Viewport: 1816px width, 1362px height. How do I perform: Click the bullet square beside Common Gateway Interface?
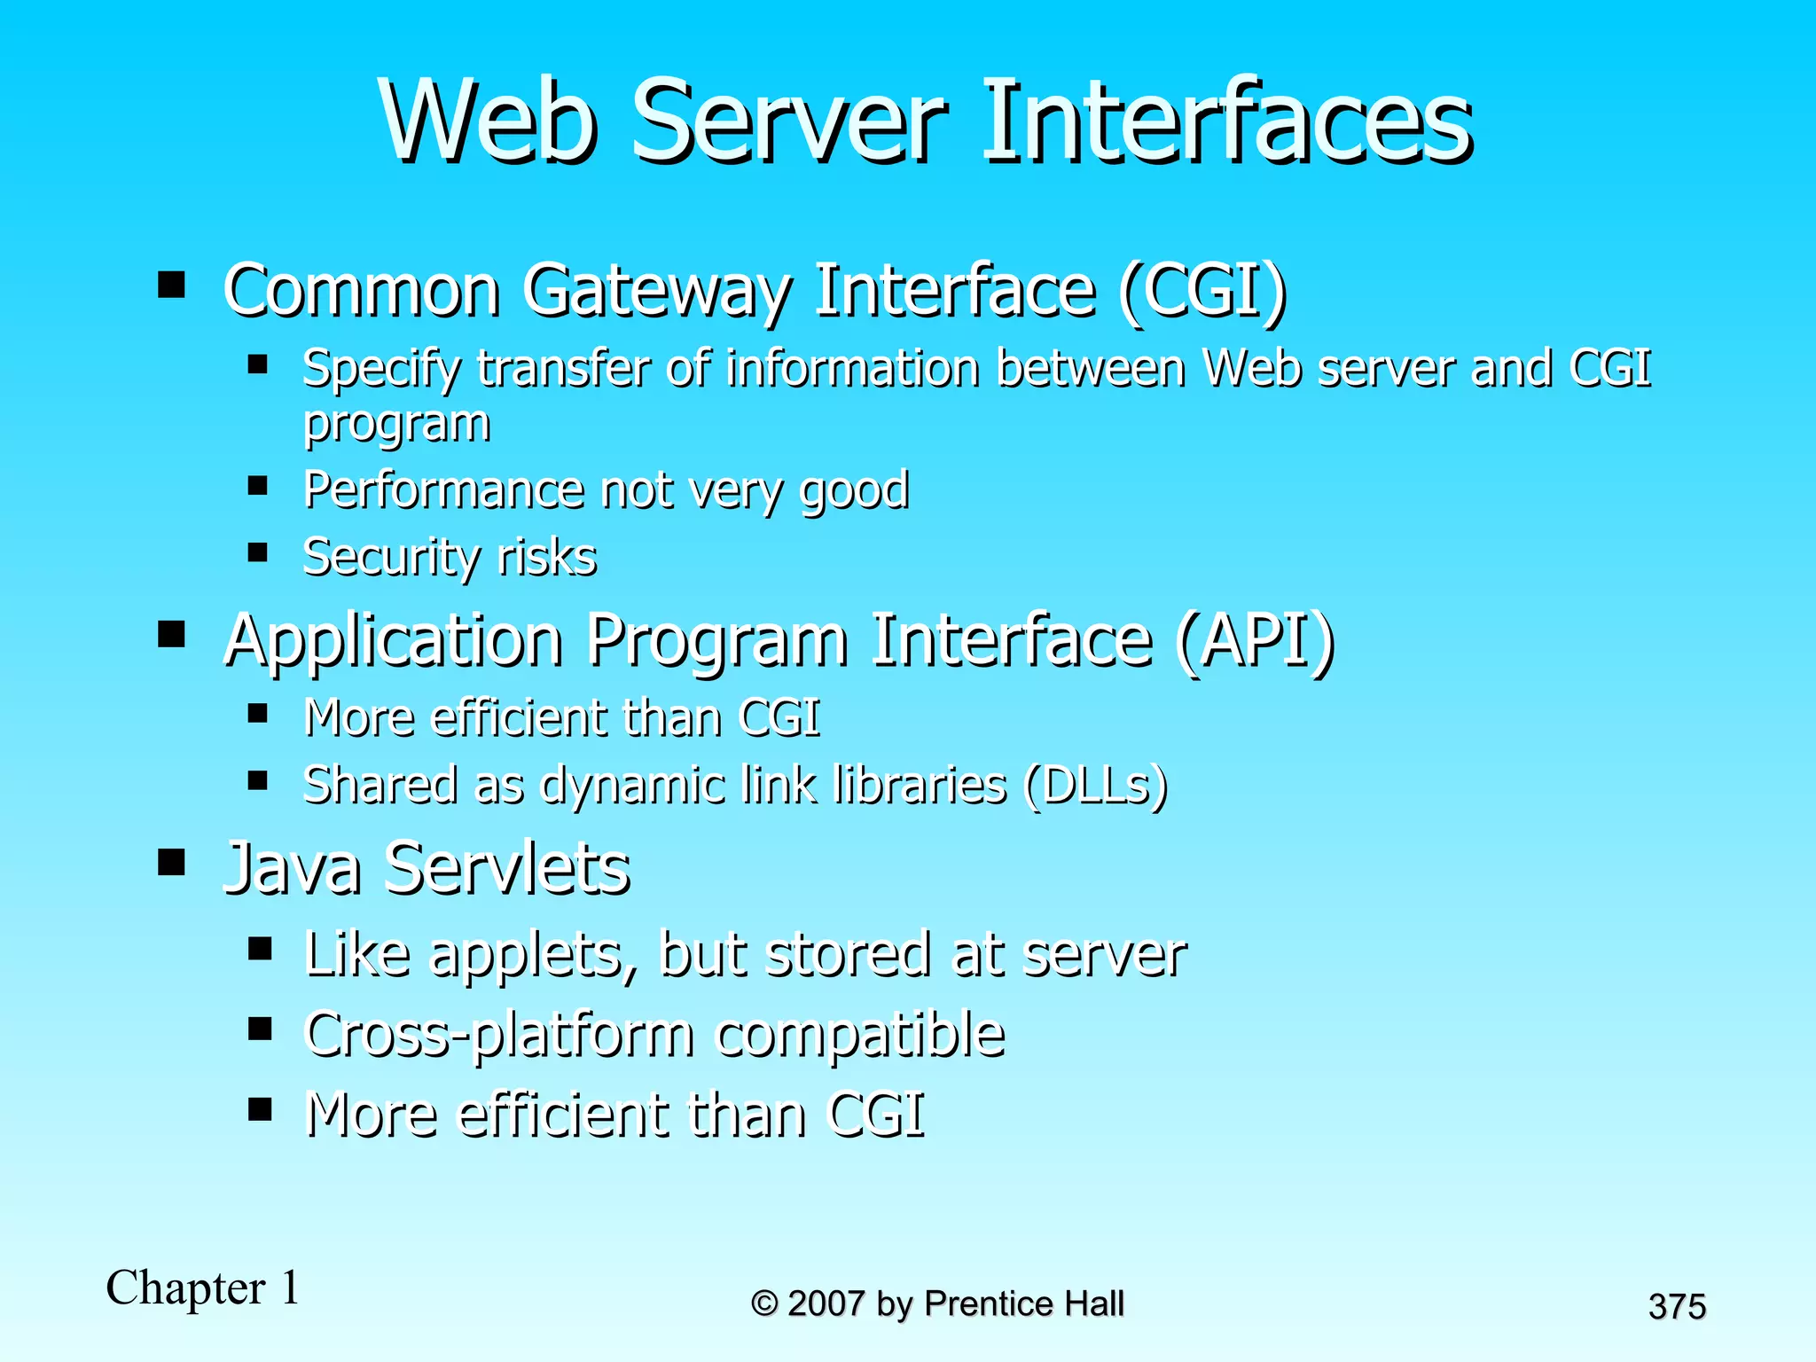[171, 285]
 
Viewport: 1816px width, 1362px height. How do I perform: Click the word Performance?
[443, 489]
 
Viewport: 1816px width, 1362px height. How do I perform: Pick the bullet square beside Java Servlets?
[171, 861]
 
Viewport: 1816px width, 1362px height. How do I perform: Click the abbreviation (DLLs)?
[1095, 786]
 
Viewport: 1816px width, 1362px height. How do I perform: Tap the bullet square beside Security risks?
[258, 553]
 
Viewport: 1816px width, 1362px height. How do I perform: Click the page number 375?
[1677, 1307]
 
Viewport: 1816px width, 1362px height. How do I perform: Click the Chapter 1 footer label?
[203, 1288]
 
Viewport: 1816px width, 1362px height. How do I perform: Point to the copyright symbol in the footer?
[763, 1304]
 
